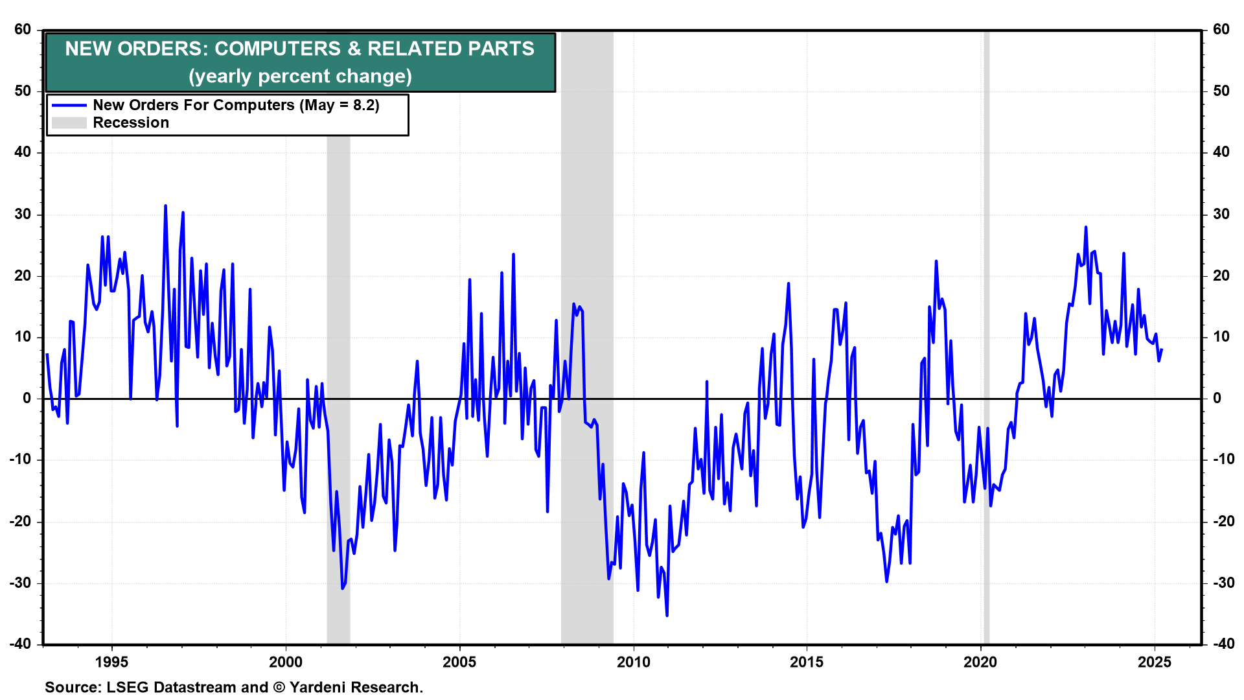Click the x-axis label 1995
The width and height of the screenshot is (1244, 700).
click(111, 662)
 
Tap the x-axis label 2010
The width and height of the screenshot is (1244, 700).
click(633, 662)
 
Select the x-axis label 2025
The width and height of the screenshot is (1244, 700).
click(1155, 662)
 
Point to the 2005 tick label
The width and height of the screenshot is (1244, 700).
click(459, 662)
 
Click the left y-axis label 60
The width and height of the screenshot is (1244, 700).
click(23, 29)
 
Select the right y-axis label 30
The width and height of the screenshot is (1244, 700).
click(1221, 214)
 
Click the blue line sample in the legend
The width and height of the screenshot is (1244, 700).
click(69, 105)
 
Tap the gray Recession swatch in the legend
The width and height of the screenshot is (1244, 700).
click(69, 122)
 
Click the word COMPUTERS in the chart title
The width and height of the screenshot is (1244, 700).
click(277, 49)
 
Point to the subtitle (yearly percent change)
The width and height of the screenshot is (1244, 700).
click(300, 76)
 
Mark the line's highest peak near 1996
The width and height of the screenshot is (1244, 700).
click(165, 205)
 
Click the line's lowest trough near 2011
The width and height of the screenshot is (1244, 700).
click(667, 616)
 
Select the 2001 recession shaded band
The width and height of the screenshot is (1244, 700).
click(338, 389)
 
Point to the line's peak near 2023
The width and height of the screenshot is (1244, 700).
click(1085, 227)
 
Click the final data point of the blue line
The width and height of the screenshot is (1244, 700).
click(1162, 350)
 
